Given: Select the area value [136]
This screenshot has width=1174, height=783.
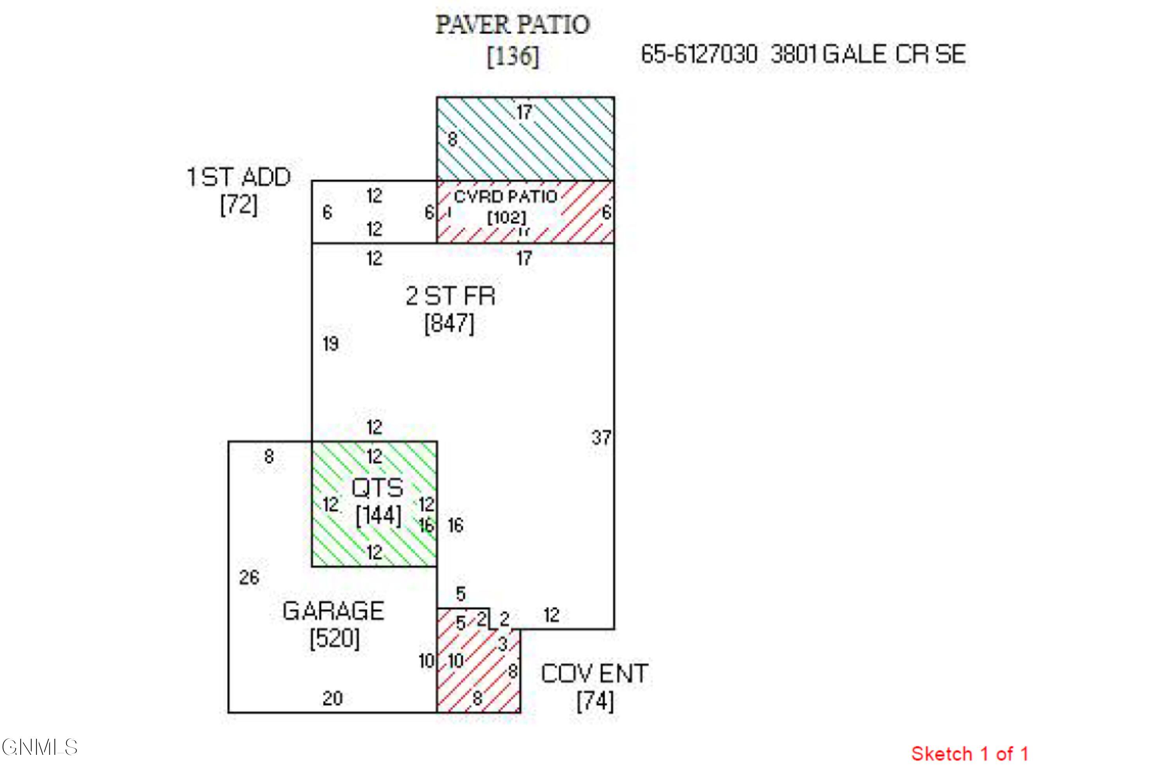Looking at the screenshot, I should (513, 56).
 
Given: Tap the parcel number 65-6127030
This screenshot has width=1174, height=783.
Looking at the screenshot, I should (699, 54).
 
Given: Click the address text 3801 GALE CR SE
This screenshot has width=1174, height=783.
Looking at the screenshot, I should (868, 54).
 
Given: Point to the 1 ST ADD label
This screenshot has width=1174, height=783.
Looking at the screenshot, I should (239, 177).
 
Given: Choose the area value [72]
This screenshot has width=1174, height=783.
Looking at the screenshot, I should (239, 205).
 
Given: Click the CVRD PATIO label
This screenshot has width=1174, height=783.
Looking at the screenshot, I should (505, 197).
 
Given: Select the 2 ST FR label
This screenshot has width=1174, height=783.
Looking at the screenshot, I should (450, 296).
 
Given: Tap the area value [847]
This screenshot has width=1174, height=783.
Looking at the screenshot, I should (449, 324).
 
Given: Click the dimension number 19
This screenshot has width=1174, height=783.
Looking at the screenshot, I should (330, 344).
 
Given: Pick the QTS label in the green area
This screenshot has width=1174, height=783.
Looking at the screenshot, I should (377, 488).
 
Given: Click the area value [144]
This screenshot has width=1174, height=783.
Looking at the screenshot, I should (378, 515).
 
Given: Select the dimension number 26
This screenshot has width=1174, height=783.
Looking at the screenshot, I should (249, 578).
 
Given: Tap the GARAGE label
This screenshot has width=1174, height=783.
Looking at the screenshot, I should (333, 611).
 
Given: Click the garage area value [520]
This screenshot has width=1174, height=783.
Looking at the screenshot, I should (334, 639).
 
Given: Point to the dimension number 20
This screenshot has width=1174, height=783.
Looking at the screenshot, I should (332, 698).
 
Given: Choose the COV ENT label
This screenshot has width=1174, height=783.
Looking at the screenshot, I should (594, 674).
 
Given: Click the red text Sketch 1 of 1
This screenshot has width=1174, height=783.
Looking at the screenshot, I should (969, 754).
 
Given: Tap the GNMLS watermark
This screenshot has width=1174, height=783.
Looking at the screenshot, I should (40, 747).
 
